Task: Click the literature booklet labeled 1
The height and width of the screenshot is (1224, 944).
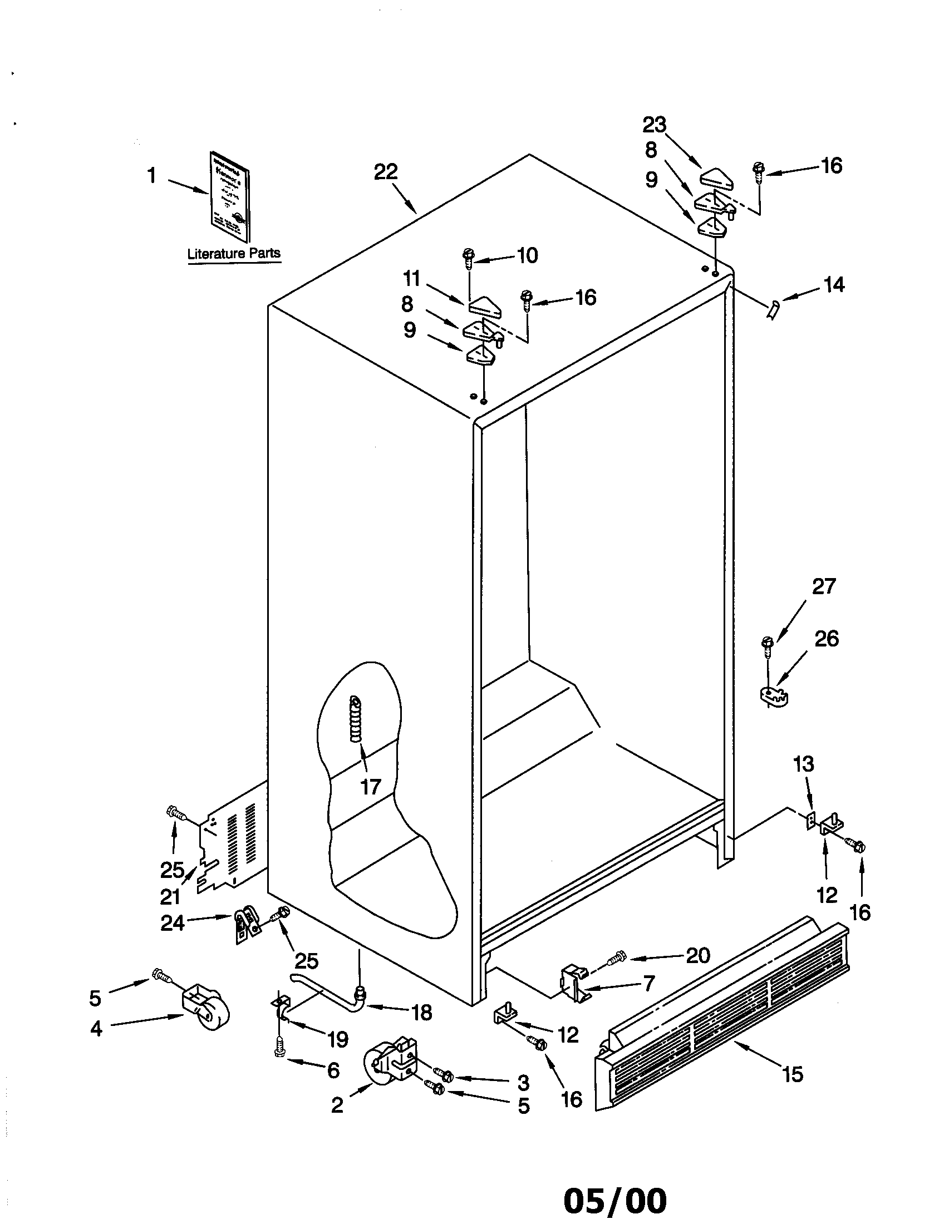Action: [x=230, y=196]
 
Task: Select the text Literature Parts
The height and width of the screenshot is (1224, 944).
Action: [x=234, y=253]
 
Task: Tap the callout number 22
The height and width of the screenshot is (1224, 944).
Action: [x=386, y=172]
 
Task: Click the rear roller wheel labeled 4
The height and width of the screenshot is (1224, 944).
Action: [x=205, y=1010]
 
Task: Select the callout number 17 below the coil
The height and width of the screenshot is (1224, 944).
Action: [x=371, y=787]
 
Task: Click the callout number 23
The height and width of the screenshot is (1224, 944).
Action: [x=654, y=125]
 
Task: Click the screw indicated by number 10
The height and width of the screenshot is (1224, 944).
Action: [x=468, y=258]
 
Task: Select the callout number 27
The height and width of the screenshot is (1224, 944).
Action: [x=823, y=587]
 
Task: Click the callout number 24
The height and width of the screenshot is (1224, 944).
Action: [x=173, y=922]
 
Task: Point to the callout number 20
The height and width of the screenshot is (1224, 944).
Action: [x=698, y=955]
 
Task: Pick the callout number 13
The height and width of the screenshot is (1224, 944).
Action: [x=804, y=764]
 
